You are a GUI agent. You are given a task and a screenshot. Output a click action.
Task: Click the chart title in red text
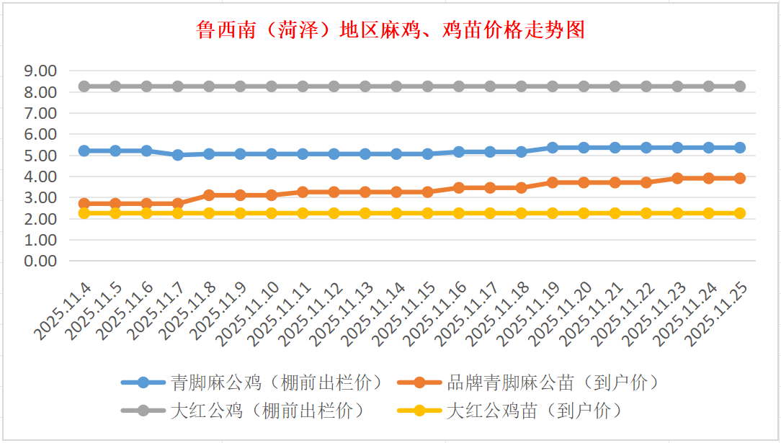[x=390, y=30]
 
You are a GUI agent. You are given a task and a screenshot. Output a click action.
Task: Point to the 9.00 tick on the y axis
[x=40, y=71]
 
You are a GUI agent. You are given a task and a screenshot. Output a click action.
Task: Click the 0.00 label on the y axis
[x=40, y=261]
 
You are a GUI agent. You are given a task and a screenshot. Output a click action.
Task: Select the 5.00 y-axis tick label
[x=40, y=156]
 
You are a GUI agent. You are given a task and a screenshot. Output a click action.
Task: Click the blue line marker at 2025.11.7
[x=178, y=155]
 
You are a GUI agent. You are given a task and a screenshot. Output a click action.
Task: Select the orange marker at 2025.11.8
[x=209, y=195]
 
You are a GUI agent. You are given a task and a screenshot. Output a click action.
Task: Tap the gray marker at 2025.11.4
[x=84, y=86]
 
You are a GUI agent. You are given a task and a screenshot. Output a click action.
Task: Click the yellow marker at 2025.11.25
[x=739, y=213]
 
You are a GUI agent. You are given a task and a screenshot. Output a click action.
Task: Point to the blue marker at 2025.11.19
[x=553, y=148]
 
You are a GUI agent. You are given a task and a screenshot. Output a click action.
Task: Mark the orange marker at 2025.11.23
[x=677, y=178]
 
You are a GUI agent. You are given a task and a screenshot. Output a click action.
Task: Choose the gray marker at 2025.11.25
[x=739, y=86]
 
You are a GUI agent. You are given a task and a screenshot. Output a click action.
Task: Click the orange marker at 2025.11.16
[x=459, y=187]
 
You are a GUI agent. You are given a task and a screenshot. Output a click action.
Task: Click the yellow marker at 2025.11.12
[x=334, y=213]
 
